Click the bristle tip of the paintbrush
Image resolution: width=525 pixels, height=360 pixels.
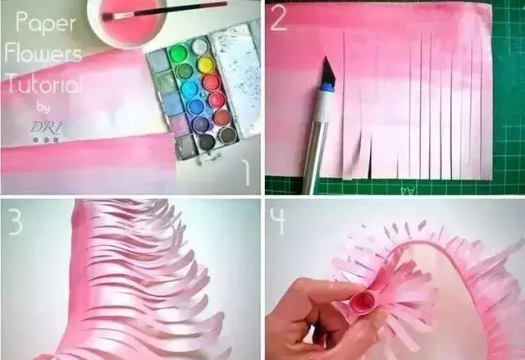pyautogui.click(x=109, y=15)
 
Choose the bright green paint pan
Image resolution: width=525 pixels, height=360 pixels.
pyautogui.click(x=178, y=55)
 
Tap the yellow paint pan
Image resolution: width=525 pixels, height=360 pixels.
pyautogui.click(x=205, y=64)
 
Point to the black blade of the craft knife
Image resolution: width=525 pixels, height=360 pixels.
pyautogui.click(x=326, y=70)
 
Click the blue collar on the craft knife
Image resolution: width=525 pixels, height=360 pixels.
pyautogui.click(x=326, y=84)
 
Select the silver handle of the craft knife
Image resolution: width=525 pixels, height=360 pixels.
pyautogui.click(x=316, y=139)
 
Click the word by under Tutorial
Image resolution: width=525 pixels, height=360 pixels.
pyautogui.click(x=43, y=107)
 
